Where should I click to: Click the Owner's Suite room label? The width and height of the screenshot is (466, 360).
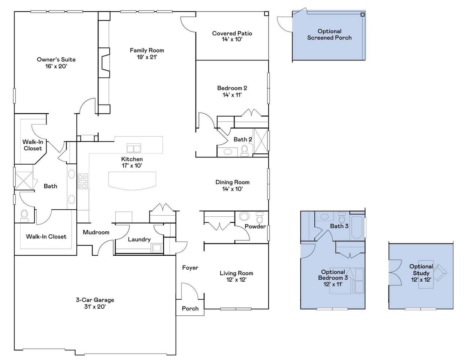click(56, 60)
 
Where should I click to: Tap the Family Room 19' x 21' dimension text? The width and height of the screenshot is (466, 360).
click(147, 57)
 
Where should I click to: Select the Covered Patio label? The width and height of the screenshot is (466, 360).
click(232, 33)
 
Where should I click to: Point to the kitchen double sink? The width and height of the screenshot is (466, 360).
click(134, 148)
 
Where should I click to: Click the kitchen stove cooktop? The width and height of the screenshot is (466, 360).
click(83, 181)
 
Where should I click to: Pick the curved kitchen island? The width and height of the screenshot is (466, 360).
click(132, 180)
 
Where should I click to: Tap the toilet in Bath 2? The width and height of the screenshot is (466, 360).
click(245, 150)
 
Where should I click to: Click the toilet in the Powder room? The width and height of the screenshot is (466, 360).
click(260, 218)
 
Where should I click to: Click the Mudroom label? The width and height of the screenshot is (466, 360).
click(96, 232)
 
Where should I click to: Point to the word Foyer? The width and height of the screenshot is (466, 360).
click(190, 268)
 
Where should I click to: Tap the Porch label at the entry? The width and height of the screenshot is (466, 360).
click(190, 309)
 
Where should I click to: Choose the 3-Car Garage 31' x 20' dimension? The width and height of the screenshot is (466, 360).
click(95, 306)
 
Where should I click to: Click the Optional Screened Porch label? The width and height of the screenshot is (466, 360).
click(329, 34)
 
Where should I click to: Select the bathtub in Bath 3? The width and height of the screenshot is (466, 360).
click(357, 227)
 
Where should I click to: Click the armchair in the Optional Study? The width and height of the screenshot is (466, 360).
click(441, 273)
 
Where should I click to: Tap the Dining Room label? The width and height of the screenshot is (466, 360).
click(233, 182)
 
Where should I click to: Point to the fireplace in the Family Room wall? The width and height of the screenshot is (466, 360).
click(104, 63)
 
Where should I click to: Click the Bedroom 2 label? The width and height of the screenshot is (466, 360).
click(232, 88)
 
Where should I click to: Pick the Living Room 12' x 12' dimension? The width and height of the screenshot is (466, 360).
click(236, 280)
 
